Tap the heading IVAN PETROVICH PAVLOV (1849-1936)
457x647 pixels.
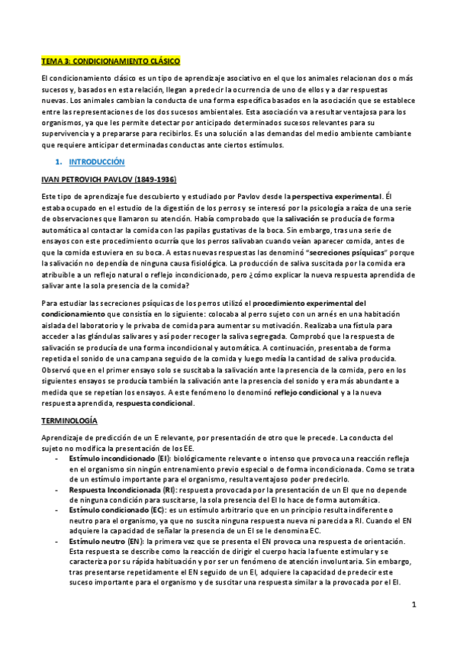pyautogui.click(x=108, y=179)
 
